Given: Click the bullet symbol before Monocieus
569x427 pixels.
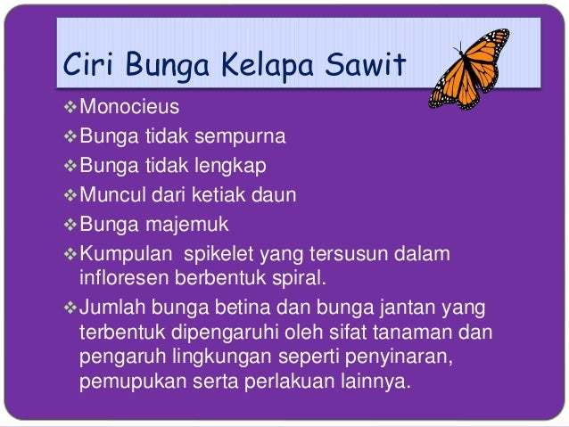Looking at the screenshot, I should click(70, 109).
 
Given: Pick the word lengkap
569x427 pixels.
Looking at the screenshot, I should click(226, 166).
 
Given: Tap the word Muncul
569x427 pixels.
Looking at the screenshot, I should click(112, 194).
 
